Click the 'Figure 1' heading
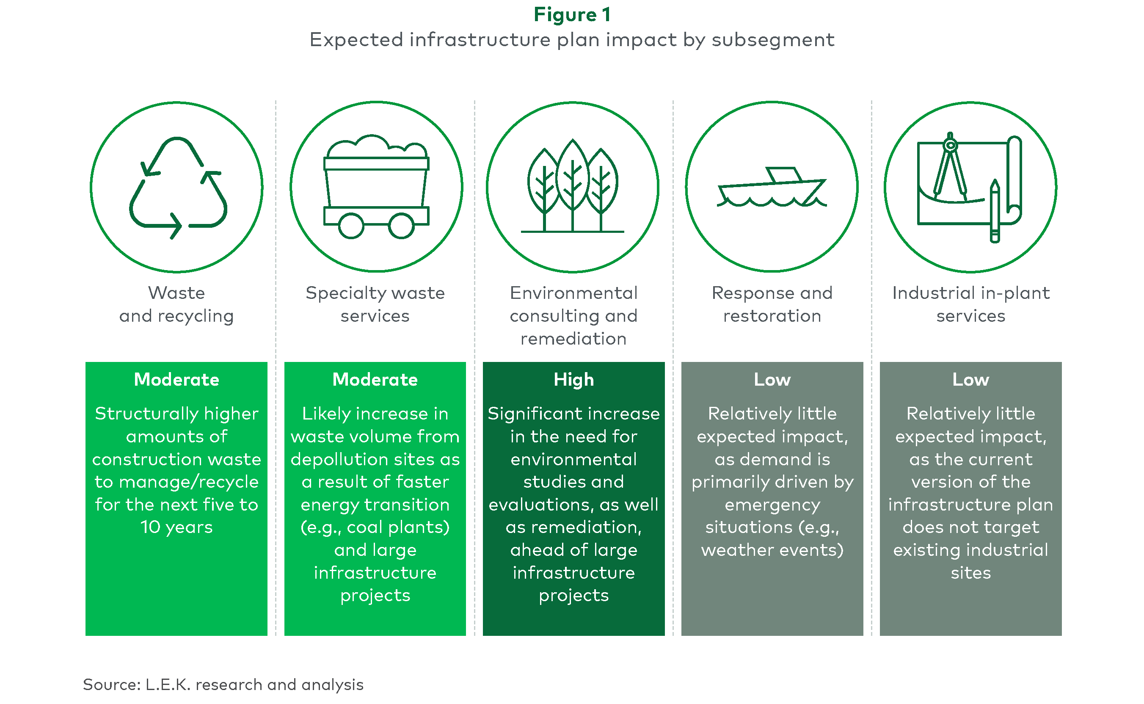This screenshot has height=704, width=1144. (x=572, y=15)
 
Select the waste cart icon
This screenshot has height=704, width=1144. (x=376, y=186)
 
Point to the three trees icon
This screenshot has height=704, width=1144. (x=573, y=185)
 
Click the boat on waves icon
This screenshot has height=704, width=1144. (x=772, y=187)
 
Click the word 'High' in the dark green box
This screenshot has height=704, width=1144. (x=573, y=380)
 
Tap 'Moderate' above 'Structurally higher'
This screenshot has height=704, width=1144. (x=176, y=379)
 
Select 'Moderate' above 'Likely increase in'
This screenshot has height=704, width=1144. (x=375, y=379)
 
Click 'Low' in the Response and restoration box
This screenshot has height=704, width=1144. (x=772, y=379)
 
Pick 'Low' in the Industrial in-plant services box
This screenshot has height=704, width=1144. (x=970, y=379)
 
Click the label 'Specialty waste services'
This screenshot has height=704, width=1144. (x=375, y=304)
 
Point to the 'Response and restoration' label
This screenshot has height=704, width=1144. (x=772, y=304)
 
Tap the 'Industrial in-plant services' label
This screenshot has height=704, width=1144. (x=971, y=304)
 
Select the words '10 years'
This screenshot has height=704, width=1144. (x=176, y=527)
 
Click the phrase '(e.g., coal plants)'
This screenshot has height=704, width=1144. (x=375, y=527)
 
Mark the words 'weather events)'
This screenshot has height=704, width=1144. (x=772, y=550)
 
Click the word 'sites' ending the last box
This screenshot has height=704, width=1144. (x=971, y=573)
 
